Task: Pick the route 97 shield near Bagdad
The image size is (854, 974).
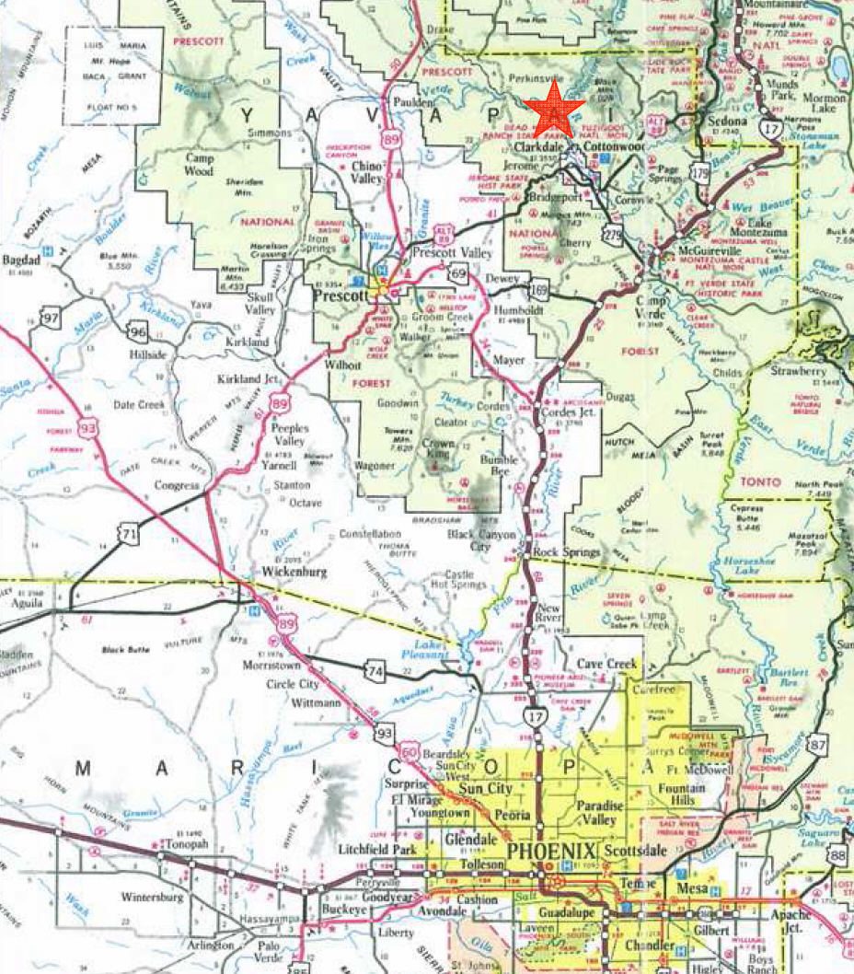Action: pyautogui.click(x=51, y=319)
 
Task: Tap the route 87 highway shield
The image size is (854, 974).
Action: pyautogui.click(x=816, y=744)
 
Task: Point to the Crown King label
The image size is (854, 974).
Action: pyautogui.click(x=440, y=448)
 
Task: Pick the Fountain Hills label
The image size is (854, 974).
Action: pyautogui.click(x=682, y=794)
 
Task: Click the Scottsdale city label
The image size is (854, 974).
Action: pyautogui.click(x=633, y=852)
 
